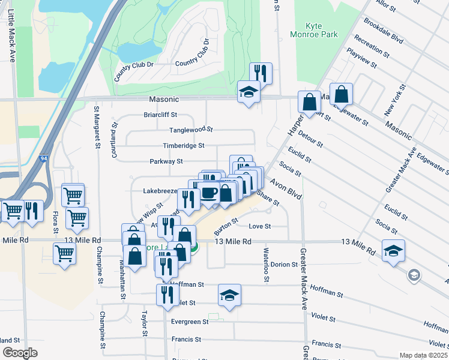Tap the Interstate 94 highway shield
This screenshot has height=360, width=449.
pyautogui.click(x=44, y=158)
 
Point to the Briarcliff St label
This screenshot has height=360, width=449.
pyautogui.click(x=160, y=114)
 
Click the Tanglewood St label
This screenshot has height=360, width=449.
pyautogui.click(x=191, y=129)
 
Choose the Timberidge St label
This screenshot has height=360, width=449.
pyautogui.click(x=184, y=145)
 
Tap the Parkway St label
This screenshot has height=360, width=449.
pyautogui.click(x=166, y=161)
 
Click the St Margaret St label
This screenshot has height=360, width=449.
pyautogui.click(x=97, y=128)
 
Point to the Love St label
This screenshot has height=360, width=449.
pyautogui.click(x=260, y=226)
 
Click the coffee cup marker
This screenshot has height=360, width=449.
pyautogui.click(x=209, y=193)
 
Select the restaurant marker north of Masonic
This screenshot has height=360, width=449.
pyautogui.click(x=261, y=73)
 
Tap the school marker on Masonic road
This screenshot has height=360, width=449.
pyautogui.click(x=249, y=92)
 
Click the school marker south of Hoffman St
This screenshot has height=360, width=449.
pyautogui.click(x=229, y=296)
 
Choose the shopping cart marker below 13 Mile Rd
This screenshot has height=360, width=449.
pyautogui.click(x=64, y=252)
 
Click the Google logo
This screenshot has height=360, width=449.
pyautogui.click(x=20, y=353)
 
